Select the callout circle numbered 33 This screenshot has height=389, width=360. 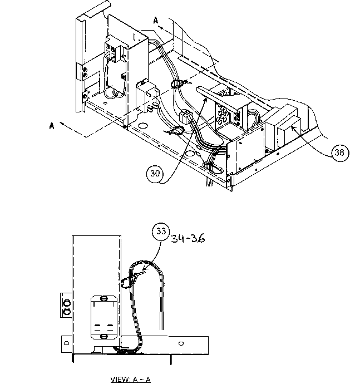click(161, 233)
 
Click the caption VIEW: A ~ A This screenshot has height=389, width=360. click(131, 380)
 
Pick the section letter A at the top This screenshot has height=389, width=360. click(156, 20)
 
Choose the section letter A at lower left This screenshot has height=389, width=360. click(52, 126)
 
